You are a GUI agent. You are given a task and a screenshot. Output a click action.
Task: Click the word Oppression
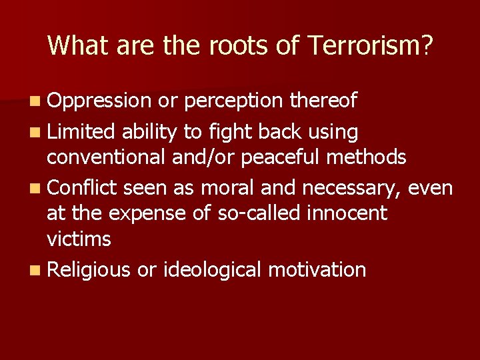tap(99, 101)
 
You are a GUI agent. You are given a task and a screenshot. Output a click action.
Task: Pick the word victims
tap(79, 238)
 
